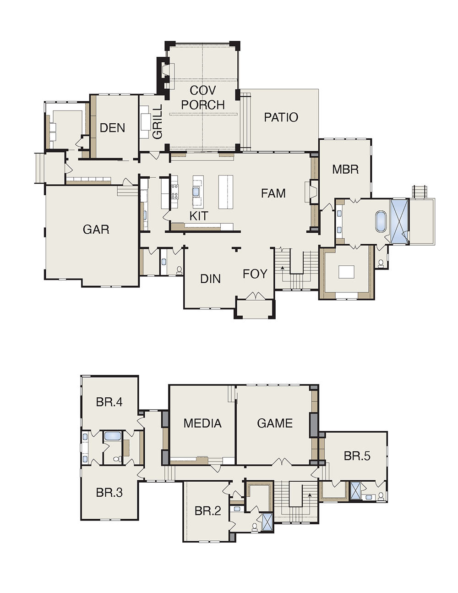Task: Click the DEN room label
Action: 112,128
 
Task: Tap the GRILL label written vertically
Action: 158,122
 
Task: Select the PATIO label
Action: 281,117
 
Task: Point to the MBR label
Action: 345,170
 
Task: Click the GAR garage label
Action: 96,230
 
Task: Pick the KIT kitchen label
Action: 199,216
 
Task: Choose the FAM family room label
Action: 273,193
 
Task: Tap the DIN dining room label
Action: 210,279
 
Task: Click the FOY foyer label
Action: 255,274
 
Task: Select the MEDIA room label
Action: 202,423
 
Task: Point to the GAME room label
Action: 275,423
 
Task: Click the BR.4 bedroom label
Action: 109,402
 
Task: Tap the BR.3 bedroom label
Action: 109,493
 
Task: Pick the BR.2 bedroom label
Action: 208,511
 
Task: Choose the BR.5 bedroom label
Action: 357,456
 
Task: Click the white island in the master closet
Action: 346,272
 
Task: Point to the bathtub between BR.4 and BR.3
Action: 112,435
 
